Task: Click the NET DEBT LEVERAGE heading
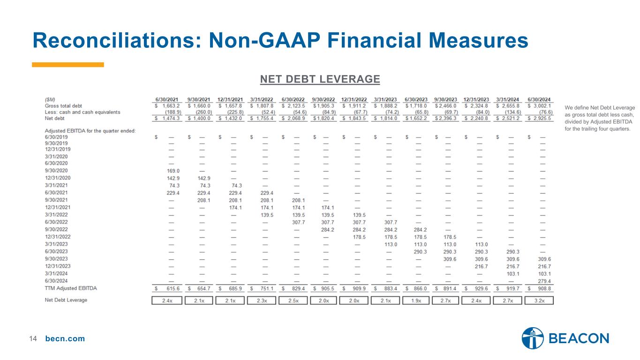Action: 320,79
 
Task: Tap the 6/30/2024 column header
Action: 539,99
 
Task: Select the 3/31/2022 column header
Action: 262,99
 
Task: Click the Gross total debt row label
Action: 63,106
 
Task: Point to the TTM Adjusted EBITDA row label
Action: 71,288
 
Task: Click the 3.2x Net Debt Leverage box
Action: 539,300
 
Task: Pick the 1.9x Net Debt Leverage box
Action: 416,300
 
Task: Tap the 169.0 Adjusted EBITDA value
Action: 173,171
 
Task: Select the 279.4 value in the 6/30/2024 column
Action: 544,281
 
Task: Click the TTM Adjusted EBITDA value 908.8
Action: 544,289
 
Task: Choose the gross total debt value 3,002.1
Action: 542,106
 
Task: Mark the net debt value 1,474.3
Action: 171,118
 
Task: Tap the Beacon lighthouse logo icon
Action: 533,338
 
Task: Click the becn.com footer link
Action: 65,338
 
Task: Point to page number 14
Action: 33,338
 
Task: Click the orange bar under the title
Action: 68,65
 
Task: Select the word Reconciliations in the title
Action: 117,40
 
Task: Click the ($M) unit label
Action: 50,99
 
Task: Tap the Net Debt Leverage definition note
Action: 600,118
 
